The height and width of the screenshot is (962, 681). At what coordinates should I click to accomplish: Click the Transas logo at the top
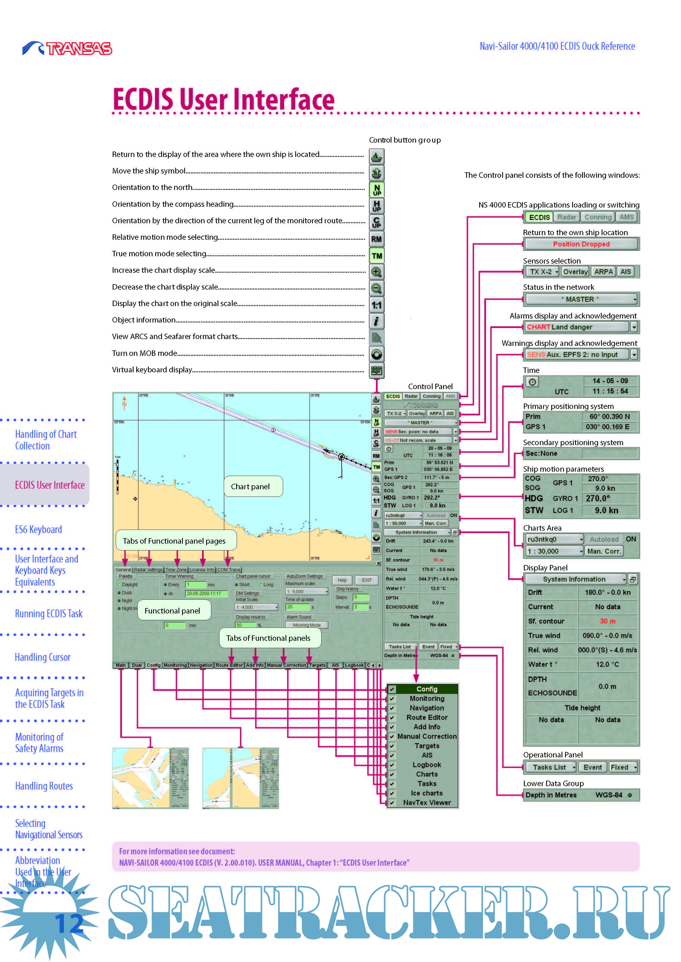tap(67, 48)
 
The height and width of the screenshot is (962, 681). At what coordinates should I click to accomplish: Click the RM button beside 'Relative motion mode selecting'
tap(376, 239)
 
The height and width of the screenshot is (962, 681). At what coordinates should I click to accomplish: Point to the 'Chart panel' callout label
tap(250, 487)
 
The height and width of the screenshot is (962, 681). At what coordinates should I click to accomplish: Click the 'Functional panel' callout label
tap(172, 611)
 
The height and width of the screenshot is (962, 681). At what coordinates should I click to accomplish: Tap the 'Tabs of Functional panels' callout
tap(268, 638)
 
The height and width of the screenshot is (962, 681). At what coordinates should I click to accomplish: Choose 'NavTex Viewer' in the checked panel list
tap(427, 802)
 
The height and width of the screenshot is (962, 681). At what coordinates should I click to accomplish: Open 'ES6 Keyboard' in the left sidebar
tap(38, 530)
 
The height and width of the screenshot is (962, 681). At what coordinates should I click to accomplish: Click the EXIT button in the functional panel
tap(367, 580)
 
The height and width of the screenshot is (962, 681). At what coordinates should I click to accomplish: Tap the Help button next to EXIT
tap(342, 580)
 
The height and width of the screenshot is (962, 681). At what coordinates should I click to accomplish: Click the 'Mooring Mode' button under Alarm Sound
tap(307, 625)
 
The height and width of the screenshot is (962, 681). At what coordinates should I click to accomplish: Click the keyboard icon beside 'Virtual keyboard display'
tap(376, 370)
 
